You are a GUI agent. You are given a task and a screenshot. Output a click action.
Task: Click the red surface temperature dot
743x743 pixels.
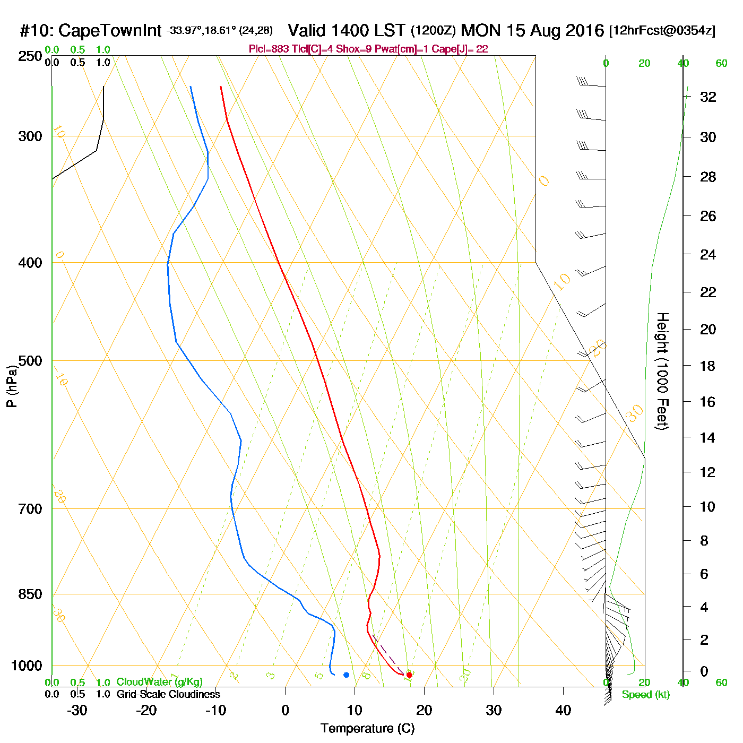(x=409, y=675)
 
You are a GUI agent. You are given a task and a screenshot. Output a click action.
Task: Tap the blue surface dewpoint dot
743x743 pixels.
(x=346, y=675)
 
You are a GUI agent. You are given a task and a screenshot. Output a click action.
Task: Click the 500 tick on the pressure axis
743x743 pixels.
(x=30, y=361)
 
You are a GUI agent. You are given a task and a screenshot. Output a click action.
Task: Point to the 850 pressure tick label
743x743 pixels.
(x=30, y=594)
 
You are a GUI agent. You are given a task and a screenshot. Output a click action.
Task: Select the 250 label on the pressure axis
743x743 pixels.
(x=30, y=56)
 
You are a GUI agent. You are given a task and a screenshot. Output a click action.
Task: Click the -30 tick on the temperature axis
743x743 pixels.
(x=77, y=710)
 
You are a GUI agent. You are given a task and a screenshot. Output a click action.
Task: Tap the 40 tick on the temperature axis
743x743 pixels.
(x=563, y=710)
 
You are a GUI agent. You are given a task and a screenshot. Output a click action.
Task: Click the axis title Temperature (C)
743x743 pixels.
(x=367, y=729)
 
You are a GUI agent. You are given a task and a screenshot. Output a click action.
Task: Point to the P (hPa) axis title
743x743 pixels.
(x=12, y=386)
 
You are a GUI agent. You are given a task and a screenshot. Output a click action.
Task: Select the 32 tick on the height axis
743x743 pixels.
(x=708, y=97)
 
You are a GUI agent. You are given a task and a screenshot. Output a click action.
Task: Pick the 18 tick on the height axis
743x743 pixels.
(x=708, y=366)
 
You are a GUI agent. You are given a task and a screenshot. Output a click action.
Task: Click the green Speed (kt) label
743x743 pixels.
(x=645, y=695)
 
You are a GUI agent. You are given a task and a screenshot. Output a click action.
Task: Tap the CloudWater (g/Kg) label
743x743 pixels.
(x=159, y=682)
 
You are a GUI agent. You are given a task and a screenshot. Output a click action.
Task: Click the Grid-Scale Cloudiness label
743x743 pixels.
(x=168, y=694)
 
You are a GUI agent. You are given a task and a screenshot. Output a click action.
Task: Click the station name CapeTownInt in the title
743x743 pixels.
(x=109, y=31)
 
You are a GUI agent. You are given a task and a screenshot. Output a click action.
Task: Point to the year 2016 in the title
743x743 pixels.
(x=584, y=30)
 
